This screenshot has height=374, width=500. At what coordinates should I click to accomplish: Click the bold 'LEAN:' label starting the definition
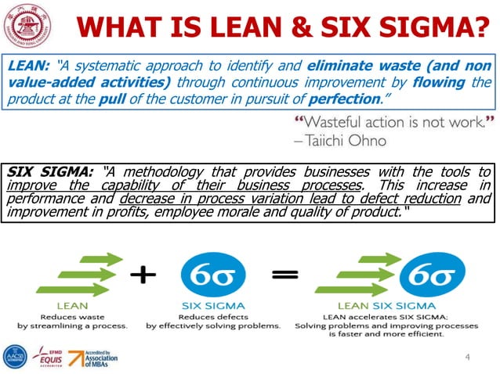coord(30,67)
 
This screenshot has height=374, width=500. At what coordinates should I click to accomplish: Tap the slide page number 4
coord(467,358)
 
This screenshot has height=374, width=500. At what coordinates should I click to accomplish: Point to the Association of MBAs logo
coord(91,358)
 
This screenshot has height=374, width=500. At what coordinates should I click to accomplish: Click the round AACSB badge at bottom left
coord(14,358)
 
